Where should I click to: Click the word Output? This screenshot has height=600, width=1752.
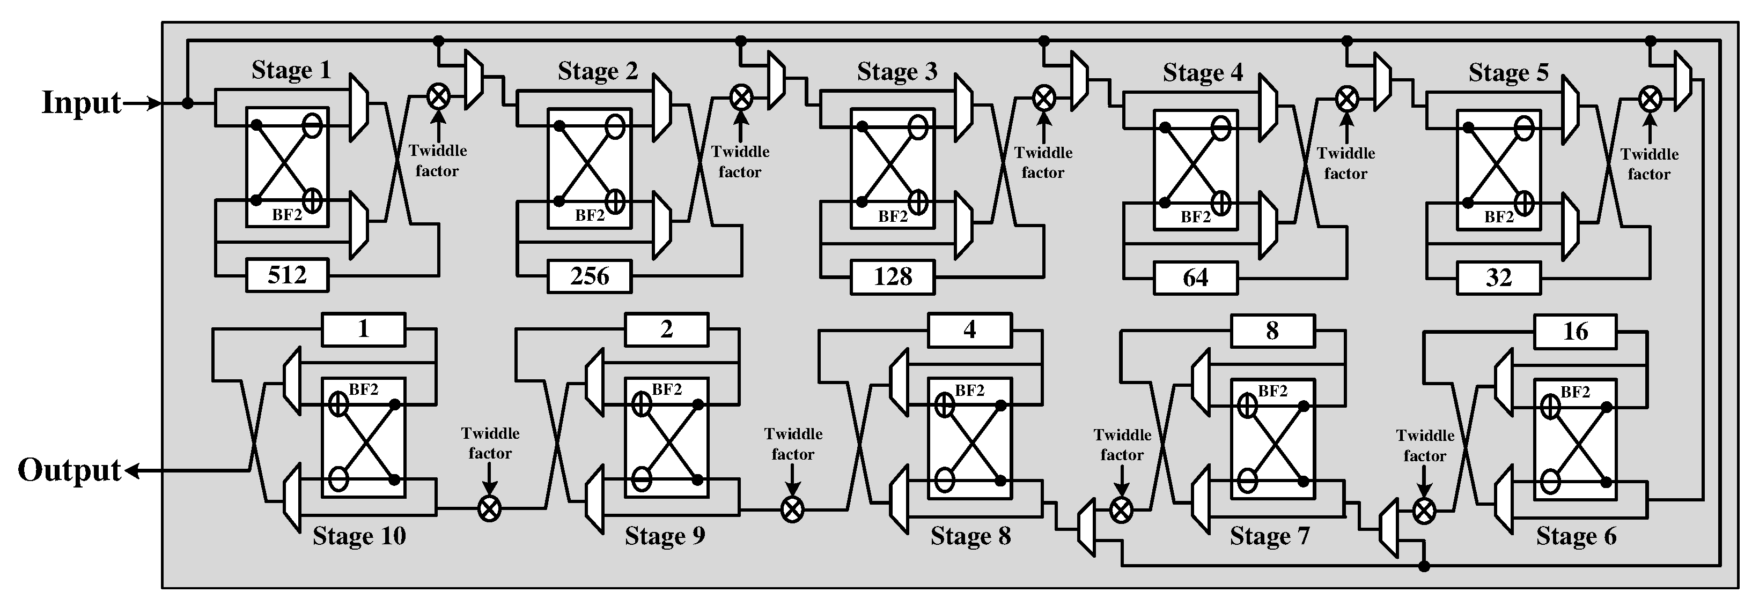pos(69,470)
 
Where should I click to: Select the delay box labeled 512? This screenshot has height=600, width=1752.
pos(287,275)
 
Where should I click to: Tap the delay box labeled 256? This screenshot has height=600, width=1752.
pos(590,276)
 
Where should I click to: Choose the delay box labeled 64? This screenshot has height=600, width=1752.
pos(1195,278)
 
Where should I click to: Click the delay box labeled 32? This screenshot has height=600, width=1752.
pos(1498,278)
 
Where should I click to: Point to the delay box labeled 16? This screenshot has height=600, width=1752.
pos(1575,332)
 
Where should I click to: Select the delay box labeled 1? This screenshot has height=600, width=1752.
pos(363,329)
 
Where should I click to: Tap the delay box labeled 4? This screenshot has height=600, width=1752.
pos(970,330)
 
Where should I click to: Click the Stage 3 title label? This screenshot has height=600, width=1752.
pos(897,71)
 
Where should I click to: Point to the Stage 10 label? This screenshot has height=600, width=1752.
pos(359,536)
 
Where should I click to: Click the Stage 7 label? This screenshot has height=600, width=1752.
pos(1269,537)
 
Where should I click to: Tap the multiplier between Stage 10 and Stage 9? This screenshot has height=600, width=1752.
pos(490,508)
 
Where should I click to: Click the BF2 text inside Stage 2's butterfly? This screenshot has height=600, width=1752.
pos(590,215)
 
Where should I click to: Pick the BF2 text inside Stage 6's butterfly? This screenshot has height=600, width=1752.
pos(1575,392)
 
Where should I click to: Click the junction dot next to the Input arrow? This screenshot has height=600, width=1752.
pos(188,103)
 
